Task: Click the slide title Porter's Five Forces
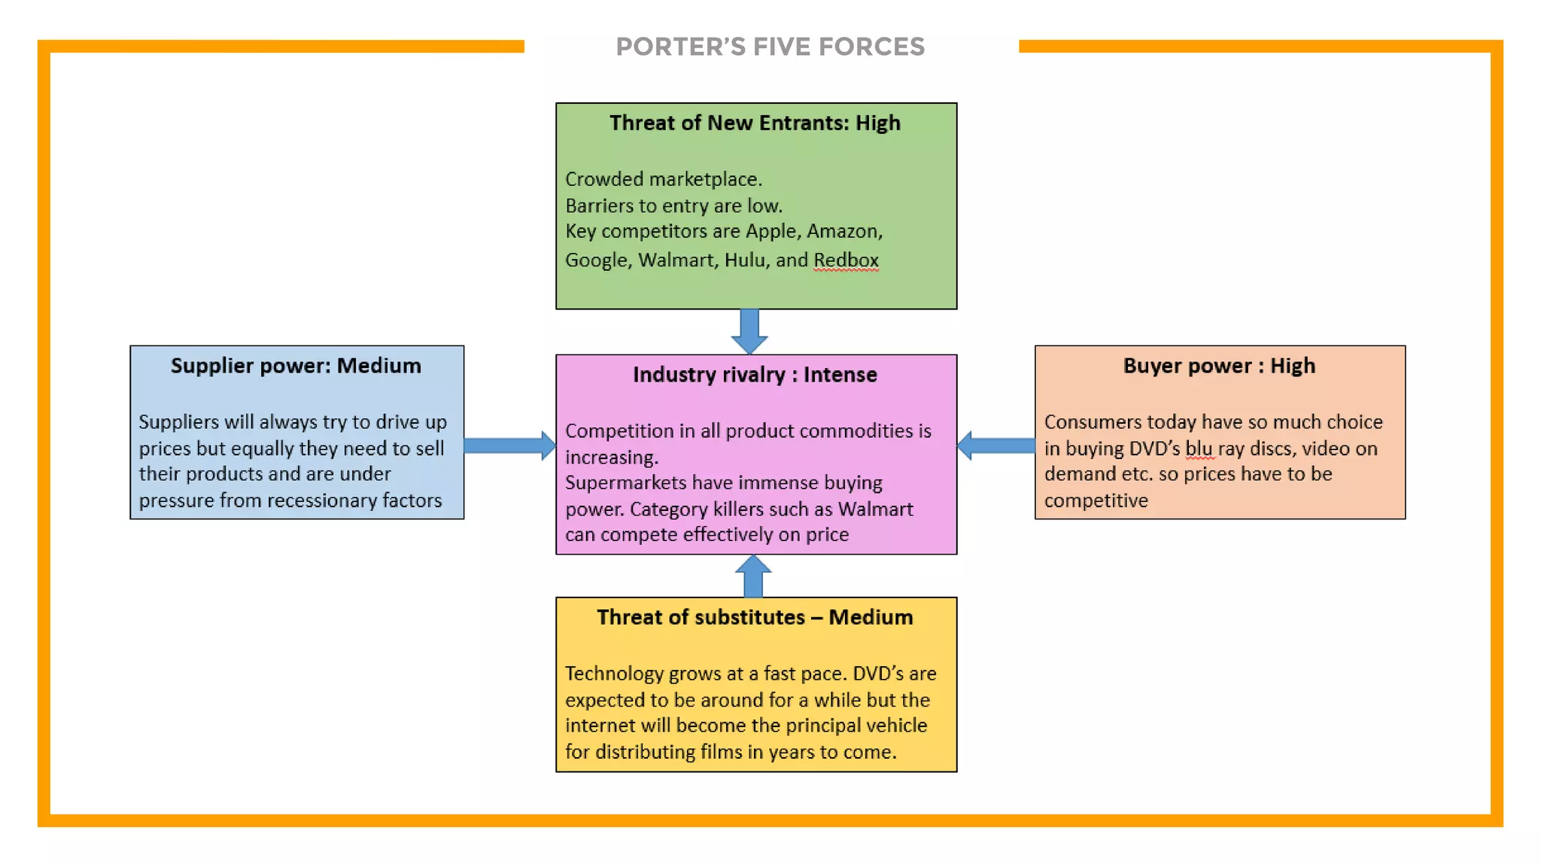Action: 770,47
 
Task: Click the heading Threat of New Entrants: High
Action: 755,123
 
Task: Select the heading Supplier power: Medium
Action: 296,366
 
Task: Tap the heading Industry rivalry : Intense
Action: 755,375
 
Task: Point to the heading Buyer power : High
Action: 1219,366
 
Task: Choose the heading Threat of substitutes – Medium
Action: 755,617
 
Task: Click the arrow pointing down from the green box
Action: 749,330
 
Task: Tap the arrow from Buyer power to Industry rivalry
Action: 996,446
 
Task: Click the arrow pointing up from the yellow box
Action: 753,576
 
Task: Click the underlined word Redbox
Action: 846,260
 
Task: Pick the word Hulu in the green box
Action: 744,260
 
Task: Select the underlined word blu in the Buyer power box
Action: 1199,449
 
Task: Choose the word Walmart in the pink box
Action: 875,510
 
